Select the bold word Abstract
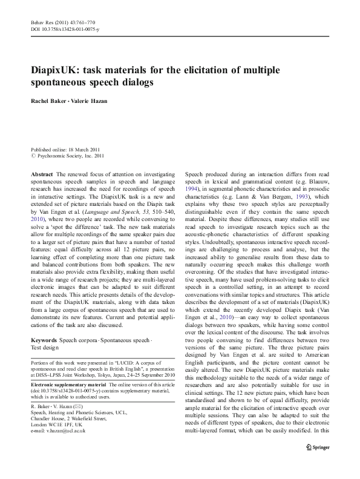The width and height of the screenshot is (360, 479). pyautogui.click(x=42, y=174)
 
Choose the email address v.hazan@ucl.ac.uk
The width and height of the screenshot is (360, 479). pyautogui.click(x=62, y=431)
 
